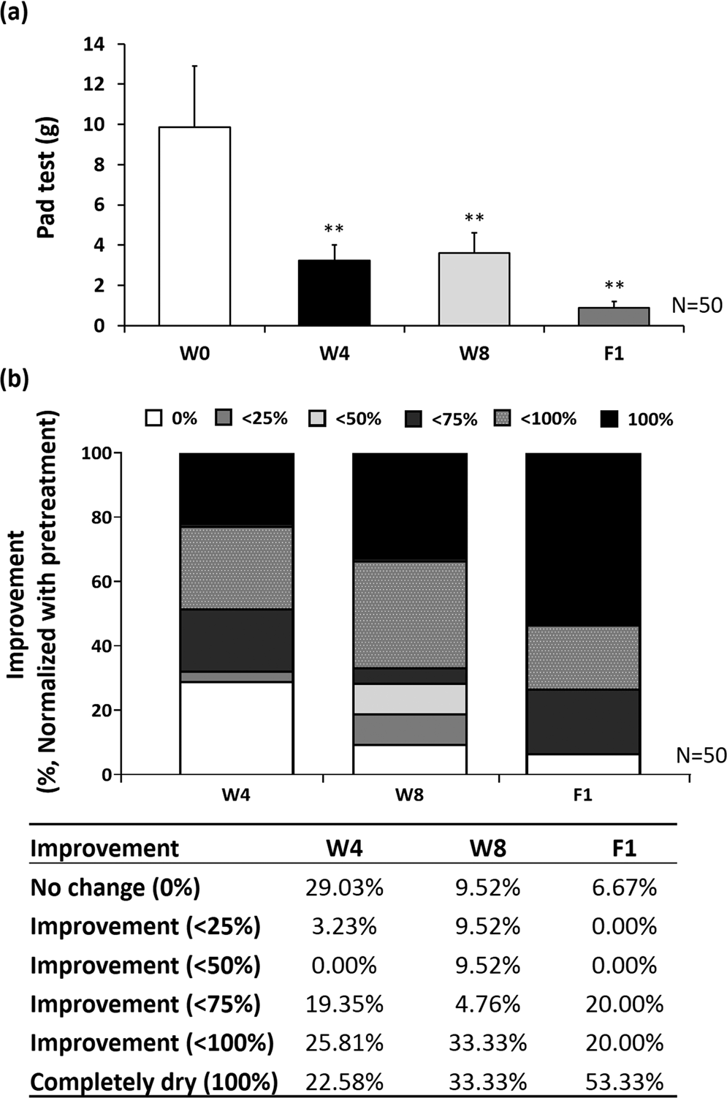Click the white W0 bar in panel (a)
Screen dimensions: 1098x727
pyautogui.click(x=194, y=227)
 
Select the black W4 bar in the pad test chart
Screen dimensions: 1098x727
pyautogui.click(x=334, y=292)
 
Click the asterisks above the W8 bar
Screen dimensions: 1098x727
pyautogui.click(x=474, y=219)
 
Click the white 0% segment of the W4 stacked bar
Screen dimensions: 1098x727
pyautogui.click(x=237, y=727)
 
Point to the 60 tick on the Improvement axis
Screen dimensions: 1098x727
pyautogui.click(x=103, y=582)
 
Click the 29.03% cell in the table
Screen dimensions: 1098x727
pyautogui.click(x=344, y=888)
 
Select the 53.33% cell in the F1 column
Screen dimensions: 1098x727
pyautogui.click(x=624, y=1081)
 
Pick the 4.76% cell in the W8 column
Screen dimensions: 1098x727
pyautogui.click(x=487, y=1004)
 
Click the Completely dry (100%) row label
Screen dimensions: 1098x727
pyautogui.click(x=153, y=1082)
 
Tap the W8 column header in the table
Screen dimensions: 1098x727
pyautogui.click(x=487, y=848)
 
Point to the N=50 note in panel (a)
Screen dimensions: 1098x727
pyautogui.click(x=697, y=306)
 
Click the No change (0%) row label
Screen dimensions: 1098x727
pyautogui.click(x=115, y=888)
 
